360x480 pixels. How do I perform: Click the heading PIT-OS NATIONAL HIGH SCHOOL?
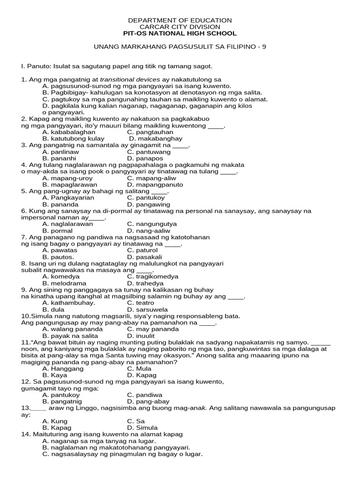click(x=180, y=33)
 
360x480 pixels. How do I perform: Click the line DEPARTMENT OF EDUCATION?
click(x=180, y=20)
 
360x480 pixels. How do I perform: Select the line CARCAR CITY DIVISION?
click(x=180, y=27)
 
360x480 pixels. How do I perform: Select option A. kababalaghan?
click(x=69, y=132)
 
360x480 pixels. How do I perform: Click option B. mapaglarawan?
click(x=73, y=185)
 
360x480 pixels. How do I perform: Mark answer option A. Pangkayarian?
click(x=68, y=198)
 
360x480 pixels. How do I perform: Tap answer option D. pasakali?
click(x=144, y=257)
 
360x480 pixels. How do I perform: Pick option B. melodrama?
click(x=65, y=283)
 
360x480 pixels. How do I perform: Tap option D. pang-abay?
click(x=147, y=401)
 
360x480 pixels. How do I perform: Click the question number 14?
click(x=25, y=434)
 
